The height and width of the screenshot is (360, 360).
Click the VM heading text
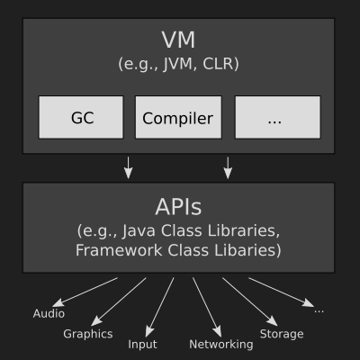click(178, 40)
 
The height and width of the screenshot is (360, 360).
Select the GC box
click(81, 117)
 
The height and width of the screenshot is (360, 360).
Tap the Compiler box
click(178, 117)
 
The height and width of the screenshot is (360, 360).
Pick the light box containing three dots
click(278, 117)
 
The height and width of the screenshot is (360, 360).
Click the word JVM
click(177, 64)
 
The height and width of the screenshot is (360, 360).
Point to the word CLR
click(218, 64)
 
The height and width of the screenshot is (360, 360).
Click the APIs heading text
click(178, 207)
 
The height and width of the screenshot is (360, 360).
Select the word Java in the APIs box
click(139, 231)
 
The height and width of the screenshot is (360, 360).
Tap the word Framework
click(119, 250)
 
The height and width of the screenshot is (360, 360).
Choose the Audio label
click(49, 313)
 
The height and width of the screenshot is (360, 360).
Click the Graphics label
click(88, 334)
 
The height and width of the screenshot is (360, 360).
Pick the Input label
click(142, 345)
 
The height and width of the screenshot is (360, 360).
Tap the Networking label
click(221, 345)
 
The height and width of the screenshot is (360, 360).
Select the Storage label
click(282, 334)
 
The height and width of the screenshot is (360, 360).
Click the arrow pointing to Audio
click(85, 292)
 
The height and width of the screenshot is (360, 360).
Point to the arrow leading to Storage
click(250, 301)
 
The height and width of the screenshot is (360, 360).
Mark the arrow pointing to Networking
click(207, 308)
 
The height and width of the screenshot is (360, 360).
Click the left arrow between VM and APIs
click(129, 167)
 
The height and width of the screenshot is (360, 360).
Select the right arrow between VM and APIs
click(228, 167)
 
